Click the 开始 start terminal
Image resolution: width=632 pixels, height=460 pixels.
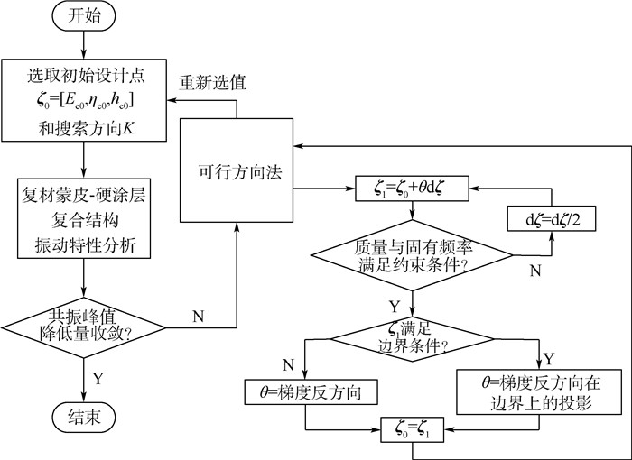(84, 17)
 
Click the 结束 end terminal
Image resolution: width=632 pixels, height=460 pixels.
(84, 419)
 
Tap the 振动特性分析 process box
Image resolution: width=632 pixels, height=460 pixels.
(84, 218)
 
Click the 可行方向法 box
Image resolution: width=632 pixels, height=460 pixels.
(237, 170)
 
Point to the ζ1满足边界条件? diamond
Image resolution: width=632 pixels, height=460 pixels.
(412, 338)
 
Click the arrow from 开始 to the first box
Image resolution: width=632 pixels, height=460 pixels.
(84, 45)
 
